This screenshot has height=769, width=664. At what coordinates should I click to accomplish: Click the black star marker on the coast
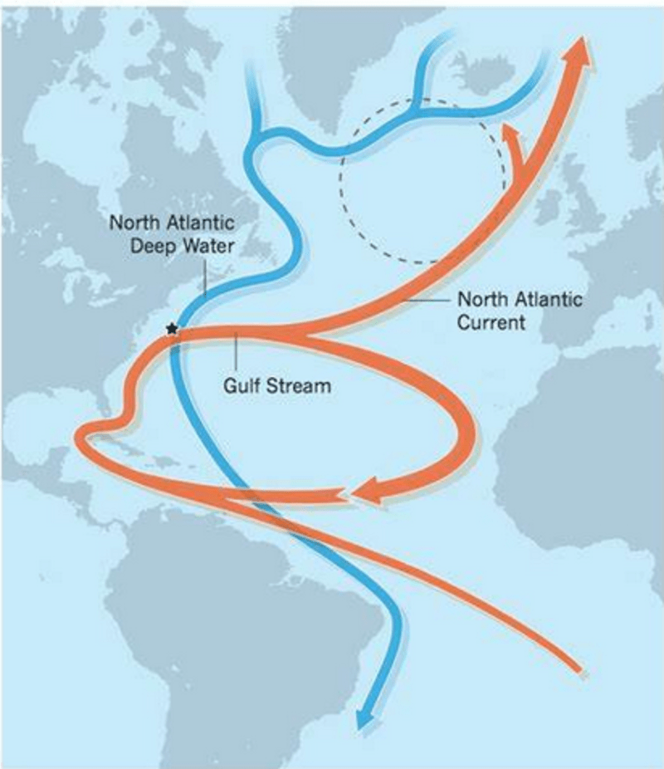(172, 329)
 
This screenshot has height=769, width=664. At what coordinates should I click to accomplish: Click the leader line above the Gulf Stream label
(237, 353)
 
